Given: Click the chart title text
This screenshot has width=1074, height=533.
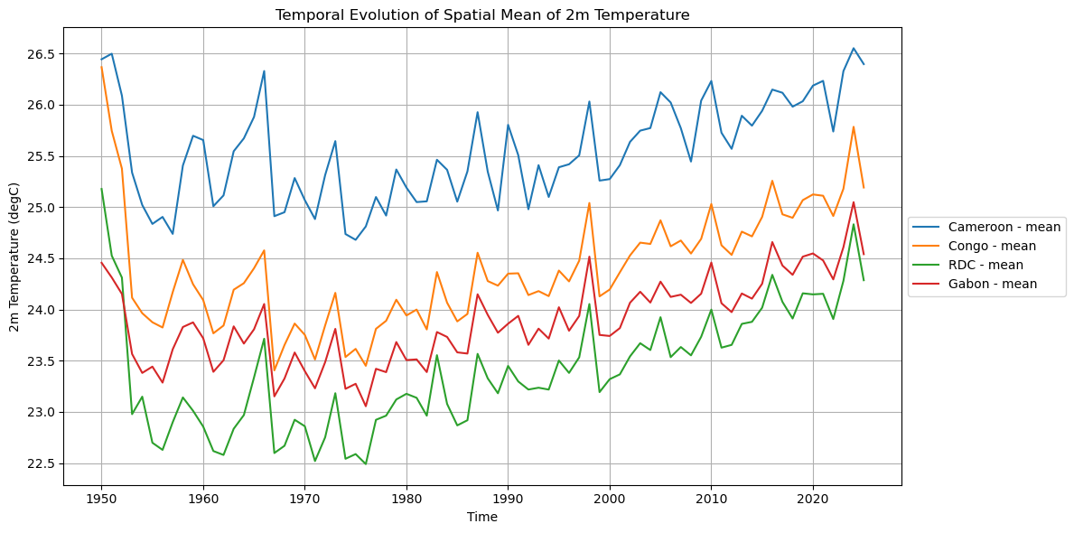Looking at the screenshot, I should pyautogui.click(x=482, y=14).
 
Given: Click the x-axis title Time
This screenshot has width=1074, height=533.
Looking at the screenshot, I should pyautogui.click(x=482, y=518).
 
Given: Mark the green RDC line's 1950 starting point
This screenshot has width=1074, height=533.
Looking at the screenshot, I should pyautogui.click(x=101, y=189).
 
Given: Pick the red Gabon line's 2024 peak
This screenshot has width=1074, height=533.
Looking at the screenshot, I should pyautogui.click(x=854, y=202).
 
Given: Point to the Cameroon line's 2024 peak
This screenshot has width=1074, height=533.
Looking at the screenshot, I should pyautogui.click(x=854, y=49).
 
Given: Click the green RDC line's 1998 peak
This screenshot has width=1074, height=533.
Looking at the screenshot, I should pyautogui.click(x=589, y=304).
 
